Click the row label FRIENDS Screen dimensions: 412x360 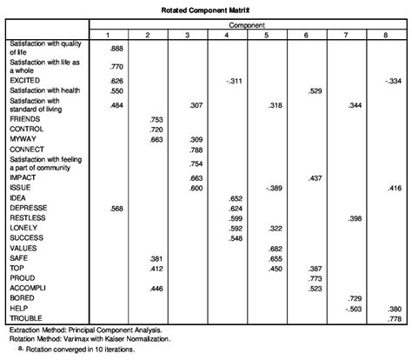click(23, 119)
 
